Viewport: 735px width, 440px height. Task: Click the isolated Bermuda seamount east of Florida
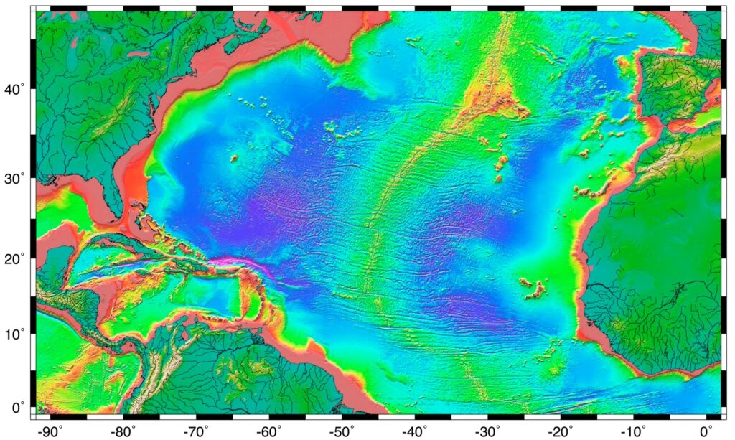pyautogui.click(x=233, y=158)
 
